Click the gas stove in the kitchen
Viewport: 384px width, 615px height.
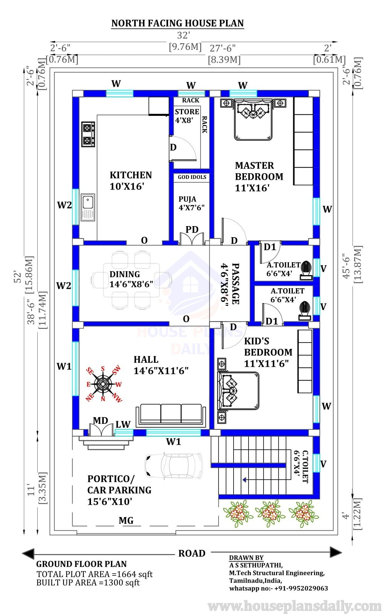(88, 134)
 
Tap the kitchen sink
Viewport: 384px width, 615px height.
(88, 207)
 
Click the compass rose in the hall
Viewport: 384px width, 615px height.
(103, 384)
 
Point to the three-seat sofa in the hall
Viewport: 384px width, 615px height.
(171, 415)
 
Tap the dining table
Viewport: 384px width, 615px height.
(131, 280)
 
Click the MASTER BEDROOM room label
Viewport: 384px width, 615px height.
(259, 171)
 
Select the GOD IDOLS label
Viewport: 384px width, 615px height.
(192, 177)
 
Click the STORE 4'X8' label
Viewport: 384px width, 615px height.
(187, 116)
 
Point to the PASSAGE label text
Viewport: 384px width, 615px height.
(235, 283)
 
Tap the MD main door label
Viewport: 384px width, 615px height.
(100, 421)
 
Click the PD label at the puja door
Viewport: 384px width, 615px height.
(192, 229)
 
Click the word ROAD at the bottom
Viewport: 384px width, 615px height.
(192, 553)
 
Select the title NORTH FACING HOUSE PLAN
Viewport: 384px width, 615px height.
(178, 23)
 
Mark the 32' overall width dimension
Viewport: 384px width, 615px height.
(183, 35)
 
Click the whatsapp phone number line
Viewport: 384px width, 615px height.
(278, 588)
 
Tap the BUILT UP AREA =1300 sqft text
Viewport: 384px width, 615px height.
(88, 582)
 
